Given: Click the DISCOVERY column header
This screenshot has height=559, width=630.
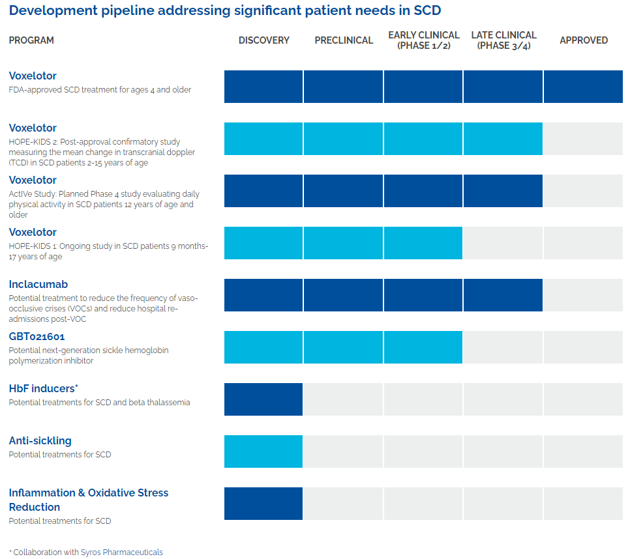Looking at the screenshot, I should tap(263, 40).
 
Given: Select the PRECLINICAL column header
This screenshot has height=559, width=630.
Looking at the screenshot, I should tap(344, 40).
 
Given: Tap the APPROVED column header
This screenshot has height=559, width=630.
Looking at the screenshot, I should tap(584, 40).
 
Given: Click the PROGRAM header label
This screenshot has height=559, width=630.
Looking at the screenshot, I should tap(31, 40).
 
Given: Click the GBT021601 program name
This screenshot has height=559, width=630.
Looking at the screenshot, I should tap(37, 336).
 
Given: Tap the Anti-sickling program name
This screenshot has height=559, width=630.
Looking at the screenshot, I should tap(40, 440).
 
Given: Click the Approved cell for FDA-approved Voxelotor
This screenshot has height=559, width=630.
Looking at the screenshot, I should tap(583, 87).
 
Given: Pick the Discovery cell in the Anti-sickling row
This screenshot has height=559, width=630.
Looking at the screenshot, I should tap(263, 451).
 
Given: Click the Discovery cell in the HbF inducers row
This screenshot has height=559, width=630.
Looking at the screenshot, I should tap(263, 399).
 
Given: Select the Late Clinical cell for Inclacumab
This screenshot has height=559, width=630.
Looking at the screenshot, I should tap(503, 295).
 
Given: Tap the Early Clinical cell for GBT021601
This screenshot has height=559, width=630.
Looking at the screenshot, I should tap(423, 347).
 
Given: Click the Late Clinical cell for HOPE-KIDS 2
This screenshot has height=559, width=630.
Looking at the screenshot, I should tap(503, 139).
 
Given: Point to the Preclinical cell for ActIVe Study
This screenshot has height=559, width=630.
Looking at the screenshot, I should tap(344, 191).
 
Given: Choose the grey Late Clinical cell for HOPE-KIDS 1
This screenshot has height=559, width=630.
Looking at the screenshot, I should tap(503, 243).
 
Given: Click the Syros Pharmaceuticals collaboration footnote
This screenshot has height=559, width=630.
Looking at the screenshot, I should tap(86, 552).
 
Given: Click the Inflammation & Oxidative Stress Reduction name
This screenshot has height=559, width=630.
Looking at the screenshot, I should tap(88, 500).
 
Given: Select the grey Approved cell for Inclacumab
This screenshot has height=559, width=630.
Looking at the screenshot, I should tap(583, 295).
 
